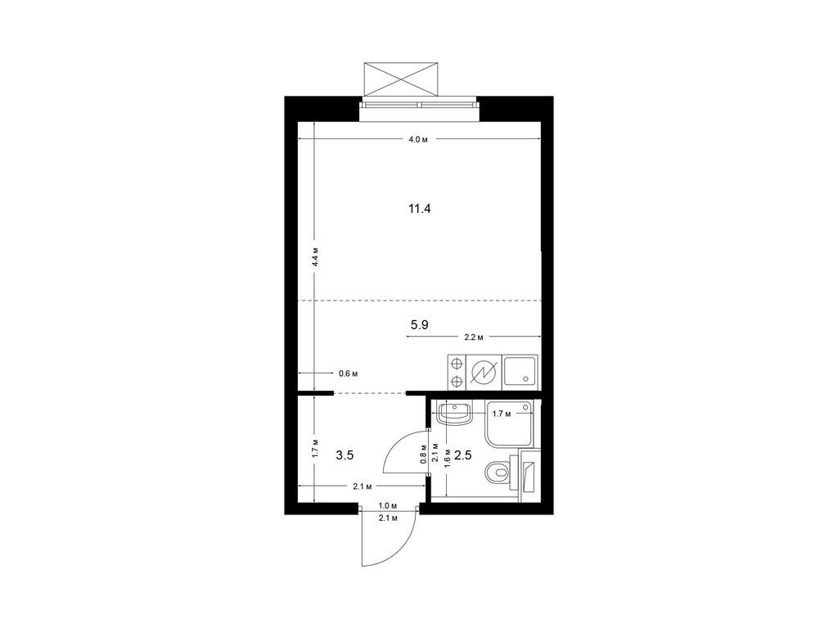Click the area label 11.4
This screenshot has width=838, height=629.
coord(419,209)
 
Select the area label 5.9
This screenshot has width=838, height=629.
coord(419,325)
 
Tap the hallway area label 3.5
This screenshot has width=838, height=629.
coord(345,454)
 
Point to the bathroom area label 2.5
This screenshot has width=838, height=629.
coord(463,455)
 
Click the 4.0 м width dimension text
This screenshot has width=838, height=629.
coord(418,140)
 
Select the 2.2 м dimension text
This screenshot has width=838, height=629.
coord(474,337)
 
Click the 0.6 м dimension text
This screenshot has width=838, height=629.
coord(348,373)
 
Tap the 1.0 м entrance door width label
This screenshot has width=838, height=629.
coord(388,507)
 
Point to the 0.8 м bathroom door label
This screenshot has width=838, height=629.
coord(423,454)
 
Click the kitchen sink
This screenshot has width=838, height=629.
coord(520,371)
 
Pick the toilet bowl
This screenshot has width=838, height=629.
coord(498,473)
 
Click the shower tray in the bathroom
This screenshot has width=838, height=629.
coord(512,423)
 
